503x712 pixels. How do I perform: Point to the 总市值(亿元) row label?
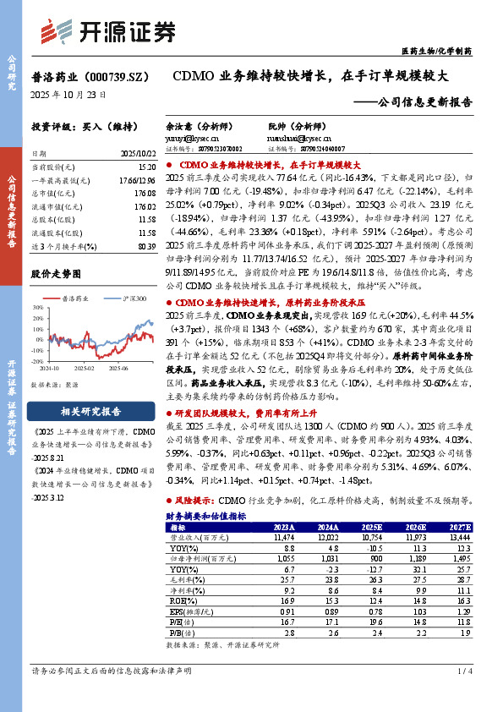[52, 192]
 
